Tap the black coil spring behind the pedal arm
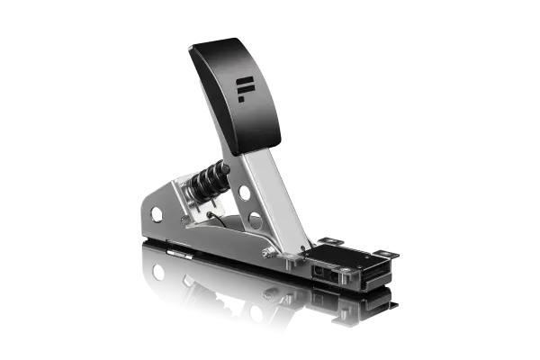click(209, 178)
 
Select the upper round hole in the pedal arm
click(243, 193)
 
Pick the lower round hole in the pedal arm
click(255, 220)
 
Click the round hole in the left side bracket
click(157, 214)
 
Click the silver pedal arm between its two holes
click(249, 207)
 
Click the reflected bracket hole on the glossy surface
click(157, 270)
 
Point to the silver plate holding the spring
click(193, 193)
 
